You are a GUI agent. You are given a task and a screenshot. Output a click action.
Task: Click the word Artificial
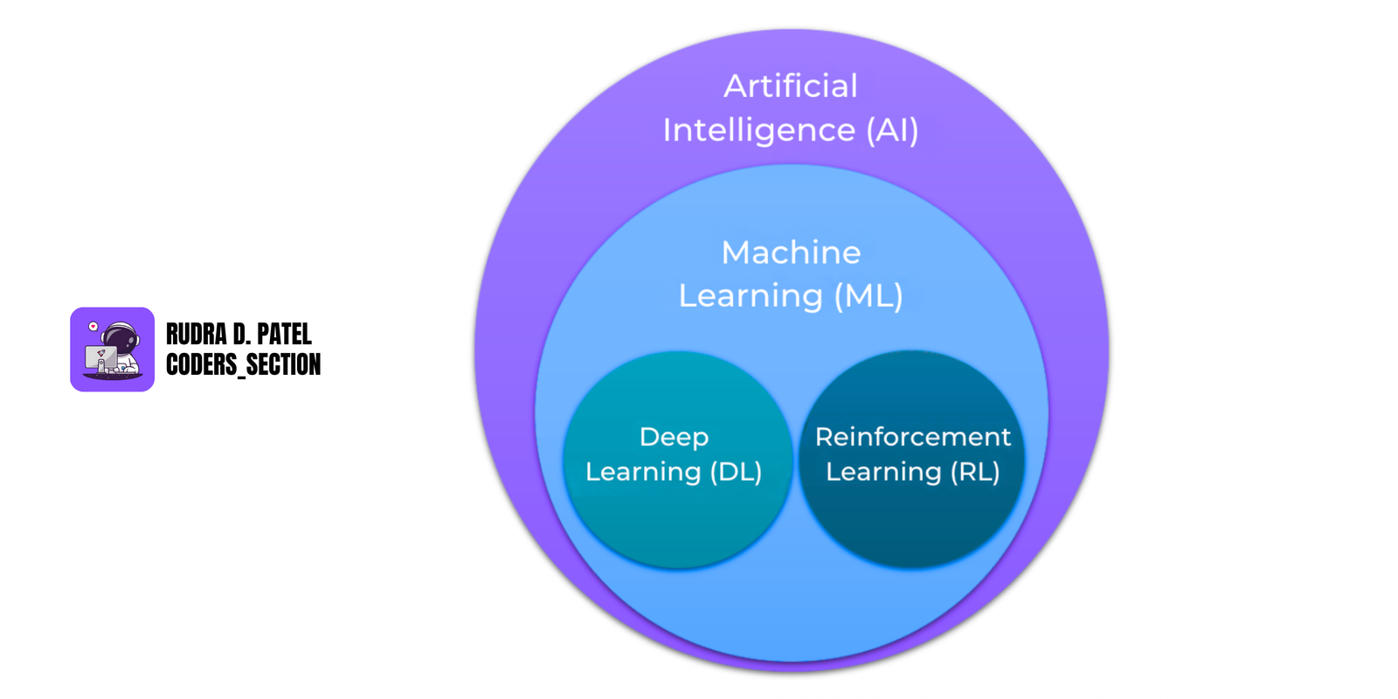790,86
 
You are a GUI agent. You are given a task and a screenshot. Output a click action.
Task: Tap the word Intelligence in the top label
758,130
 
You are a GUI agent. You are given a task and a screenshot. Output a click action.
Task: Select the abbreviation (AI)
892,130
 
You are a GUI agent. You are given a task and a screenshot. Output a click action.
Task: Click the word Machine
791,253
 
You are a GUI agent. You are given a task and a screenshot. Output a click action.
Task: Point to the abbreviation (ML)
868,296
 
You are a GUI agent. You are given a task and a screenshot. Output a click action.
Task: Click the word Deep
674,437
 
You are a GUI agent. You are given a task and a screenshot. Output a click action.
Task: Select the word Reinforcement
912,437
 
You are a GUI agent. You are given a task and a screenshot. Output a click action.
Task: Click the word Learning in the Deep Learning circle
643,472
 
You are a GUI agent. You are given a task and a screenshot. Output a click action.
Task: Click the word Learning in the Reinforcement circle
883,472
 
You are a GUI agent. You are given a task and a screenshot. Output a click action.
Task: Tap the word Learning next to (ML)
751,296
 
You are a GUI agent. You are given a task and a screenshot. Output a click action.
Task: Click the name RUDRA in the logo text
196,335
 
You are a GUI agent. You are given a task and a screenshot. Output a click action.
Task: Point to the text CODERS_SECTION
243,364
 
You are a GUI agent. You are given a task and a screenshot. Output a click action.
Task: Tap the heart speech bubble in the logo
93,327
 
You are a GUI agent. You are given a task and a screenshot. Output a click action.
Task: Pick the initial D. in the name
241,335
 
